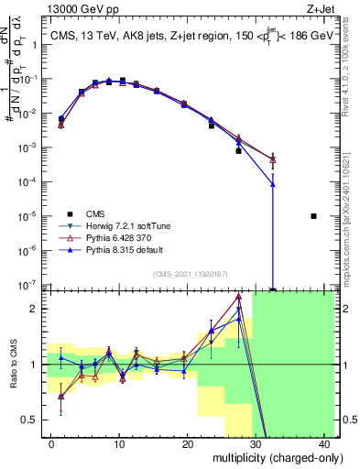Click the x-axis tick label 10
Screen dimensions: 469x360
(x=119, y=443)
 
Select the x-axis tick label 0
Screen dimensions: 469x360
(x=51, y=443)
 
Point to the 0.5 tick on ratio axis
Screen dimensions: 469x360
(x=30, y=420)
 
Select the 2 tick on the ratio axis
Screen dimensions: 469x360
(x=35, y=309)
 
